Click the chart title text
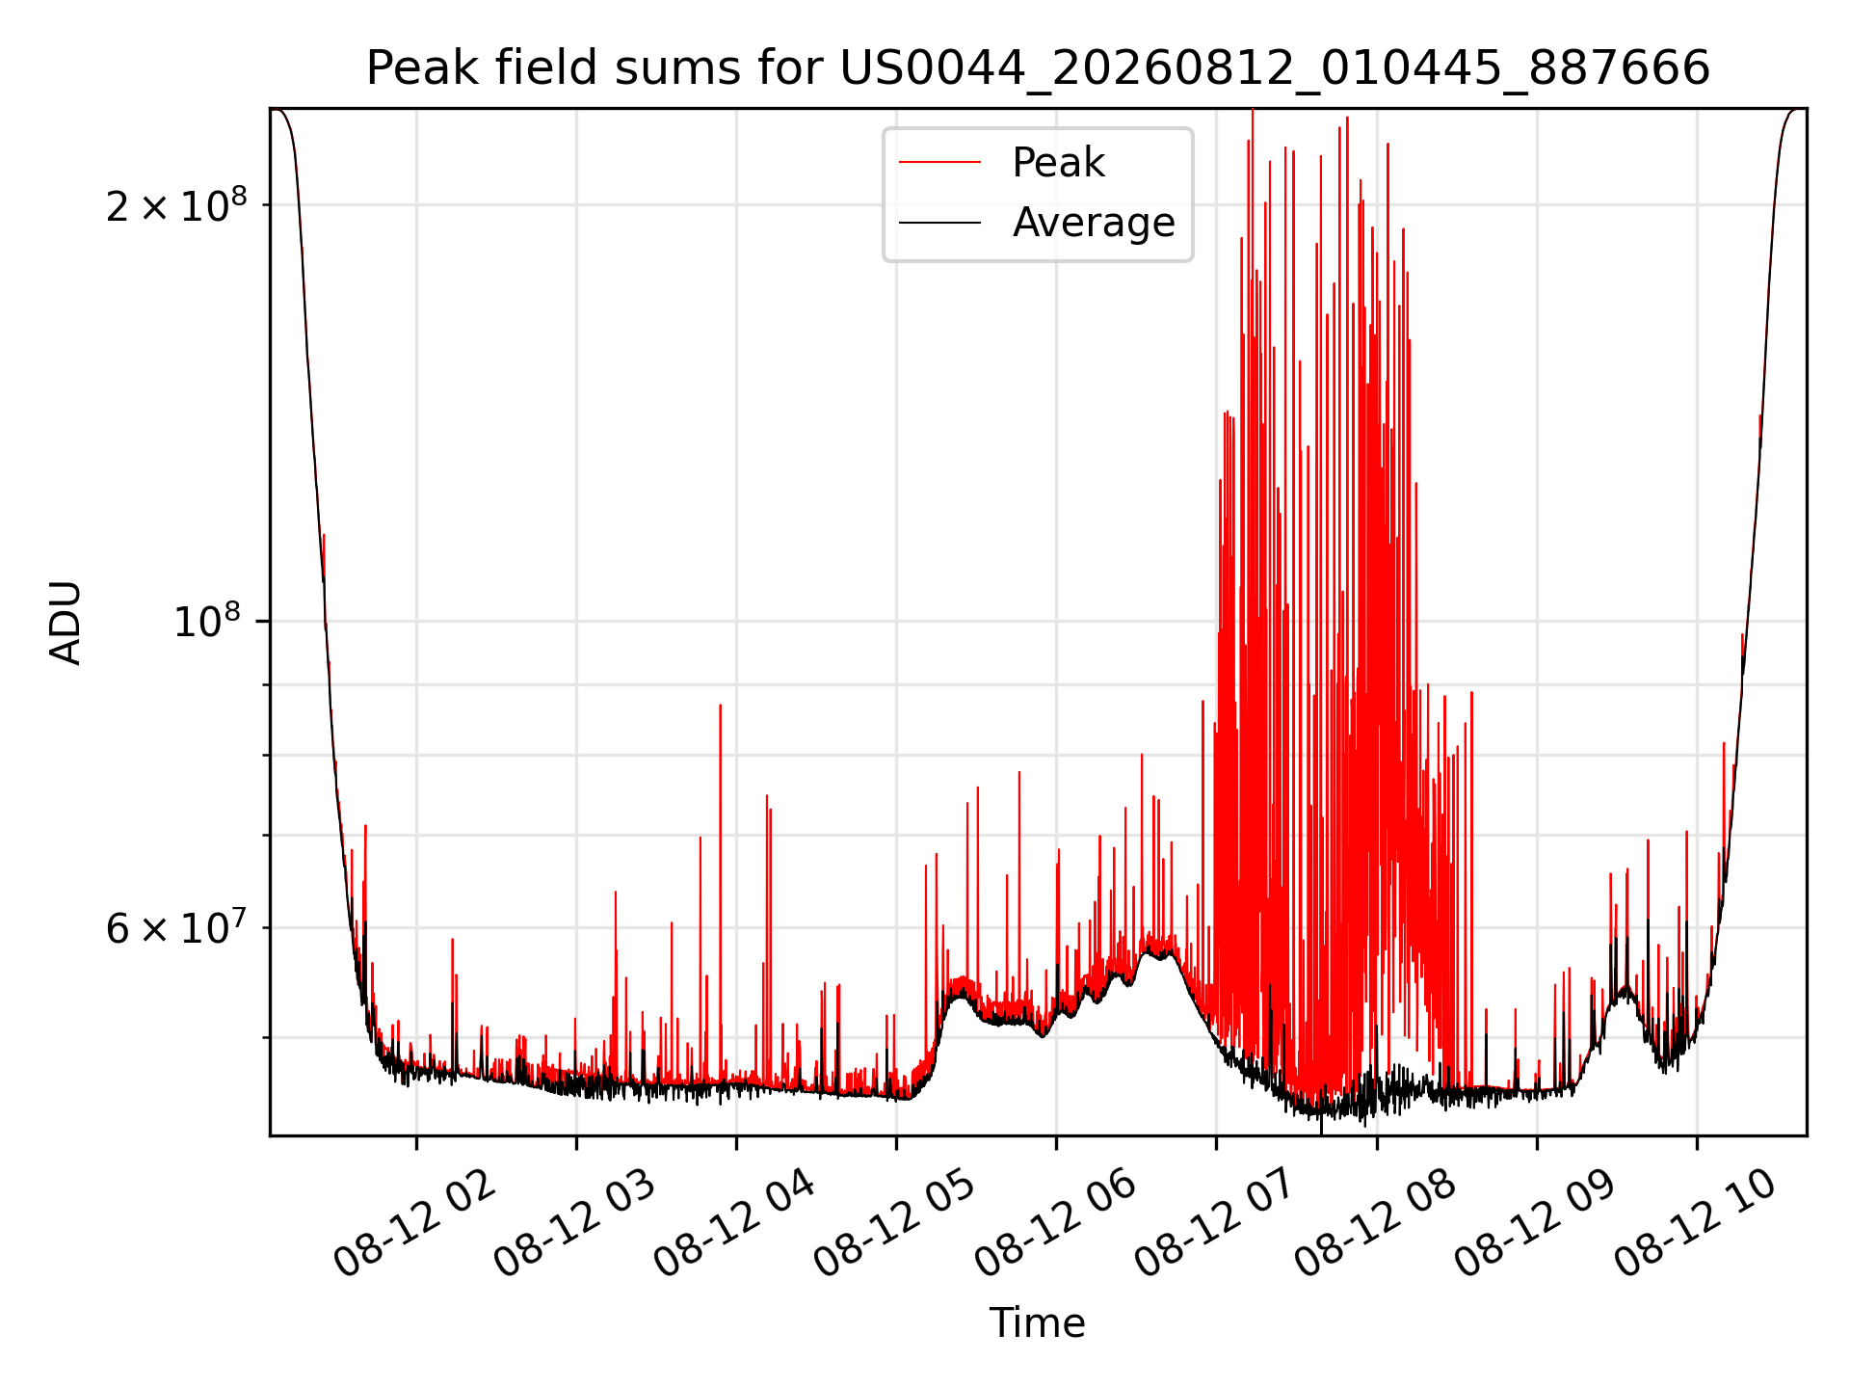(x=1038, y=68)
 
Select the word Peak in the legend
(x=1058, y=163)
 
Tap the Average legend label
(x=1094, y=223)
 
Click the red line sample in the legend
(x=939, y=163)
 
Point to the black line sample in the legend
(x=939, y=223)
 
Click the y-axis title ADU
(x=66, y=623)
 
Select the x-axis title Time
(x=1038, y=1323)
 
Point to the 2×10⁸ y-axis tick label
(x=176, y=204)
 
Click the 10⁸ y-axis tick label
(x=210, y=621)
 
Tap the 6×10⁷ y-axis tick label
(x=176, y=927)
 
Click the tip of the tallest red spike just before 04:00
(x=720, y=705)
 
